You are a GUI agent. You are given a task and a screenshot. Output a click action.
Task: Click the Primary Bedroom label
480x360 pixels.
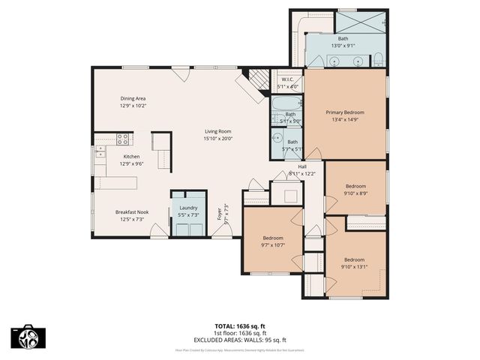pos(344,112)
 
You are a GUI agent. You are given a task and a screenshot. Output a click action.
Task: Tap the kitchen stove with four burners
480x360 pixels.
pos(123,139)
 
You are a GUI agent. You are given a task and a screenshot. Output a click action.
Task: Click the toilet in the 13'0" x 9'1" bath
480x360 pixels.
pos(379,59)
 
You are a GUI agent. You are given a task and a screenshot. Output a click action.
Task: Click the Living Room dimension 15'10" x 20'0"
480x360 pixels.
pos(218,138)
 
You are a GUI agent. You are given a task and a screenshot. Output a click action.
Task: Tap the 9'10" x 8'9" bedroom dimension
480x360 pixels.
pos(355,193)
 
